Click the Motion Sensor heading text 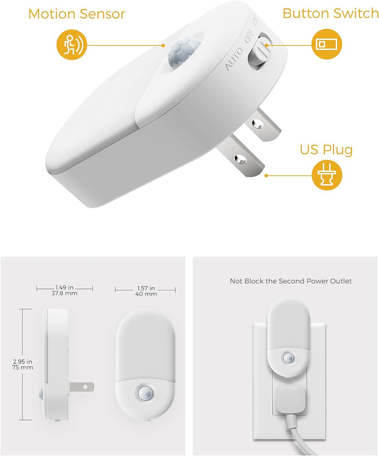(x=77, y=14)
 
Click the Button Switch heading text (x=330, y=13)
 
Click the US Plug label (x=326, y=150)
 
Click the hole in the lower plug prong (x=239, y=159)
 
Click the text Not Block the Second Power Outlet (x=291, y=281)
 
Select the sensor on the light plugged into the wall (x=288, y=358)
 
